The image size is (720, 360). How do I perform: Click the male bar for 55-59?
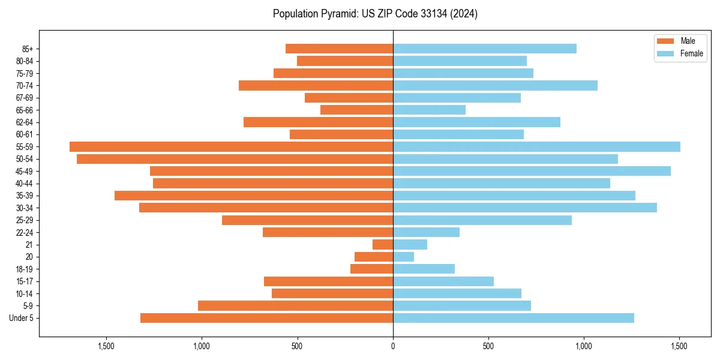click(x=231, y=146)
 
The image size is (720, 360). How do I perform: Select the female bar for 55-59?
click(x=536, y=146)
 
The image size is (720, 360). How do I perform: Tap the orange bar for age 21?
click(x=383, y=244)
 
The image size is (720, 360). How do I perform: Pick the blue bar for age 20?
click(x=403, y=257)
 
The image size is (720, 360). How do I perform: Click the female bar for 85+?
click(x=485, y=49)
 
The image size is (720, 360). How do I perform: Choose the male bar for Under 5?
click(x=266, y=318)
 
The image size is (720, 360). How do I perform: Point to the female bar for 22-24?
click(x=426, y=232)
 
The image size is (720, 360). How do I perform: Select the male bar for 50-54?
click(x=235, y=159)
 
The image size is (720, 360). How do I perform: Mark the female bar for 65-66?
click(x=429, y=110)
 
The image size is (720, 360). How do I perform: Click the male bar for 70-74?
click(x=316, y=85)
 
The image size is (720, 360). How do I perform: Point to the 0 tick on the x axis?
click(x=393, y=346)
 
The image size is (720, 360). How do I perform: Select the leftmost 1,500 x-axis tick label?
click(x=106, y=346)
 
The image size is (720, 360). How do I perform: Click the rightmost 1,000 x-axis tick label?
click(x=584, y=346)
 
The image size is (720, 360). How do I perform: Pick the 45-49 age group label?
click(x=25, y=171)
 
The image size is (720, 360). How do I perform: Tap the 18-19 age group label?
click(x=25, y=269)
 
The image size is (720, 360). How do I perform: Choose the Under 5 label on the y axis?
click(x=22, y=318)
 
